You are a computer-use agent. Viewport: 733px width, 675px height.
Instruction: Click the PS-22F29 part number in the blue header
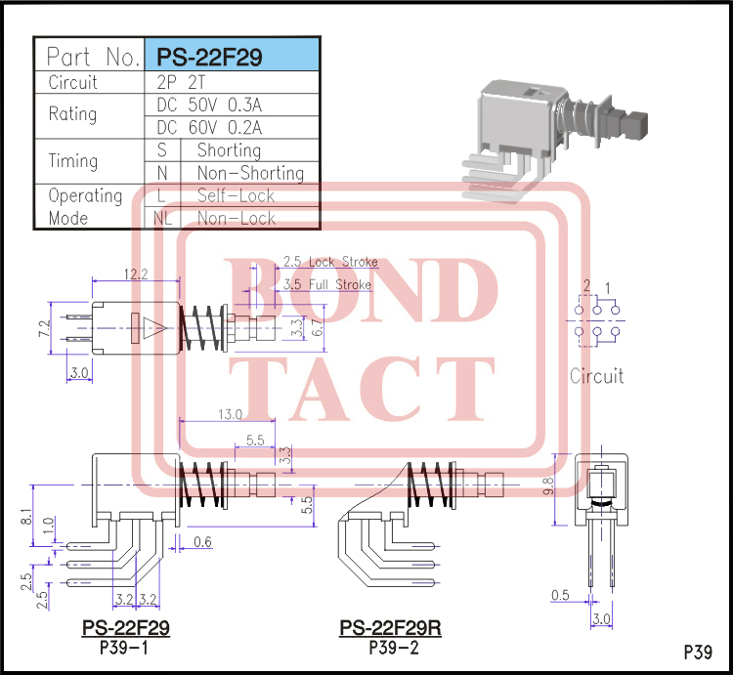point(216,57)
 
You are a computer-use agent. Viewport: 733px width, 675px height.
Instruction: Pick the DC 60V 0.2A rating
point(209,128)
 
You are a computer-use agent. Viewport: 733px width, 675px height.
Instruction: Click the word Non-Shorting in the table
point(250,173)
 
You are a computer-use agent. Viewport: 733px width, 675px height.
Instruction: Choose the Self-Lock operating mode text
point(236,195)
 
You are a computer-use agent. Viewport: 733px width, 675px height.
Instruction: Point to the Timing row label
point(73,161)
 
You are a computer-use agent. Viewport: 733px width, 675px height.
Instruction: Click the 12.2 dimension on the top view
point(136,275)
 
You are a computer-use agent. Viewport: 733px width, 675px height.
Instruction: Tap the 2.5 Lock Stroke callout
point(329,262)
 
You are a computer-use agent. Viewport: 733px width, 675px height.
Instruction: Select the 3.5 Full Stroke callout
point(326,284)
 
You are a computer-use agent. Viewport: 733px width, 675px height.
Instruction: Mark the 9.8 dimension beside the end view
point(550,485)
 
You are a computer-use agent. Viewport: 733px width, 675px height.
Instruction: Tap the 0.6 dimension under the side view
point(202,542)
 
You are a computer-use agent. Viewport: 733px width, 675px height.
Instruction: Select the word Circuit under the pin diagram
point(596,376)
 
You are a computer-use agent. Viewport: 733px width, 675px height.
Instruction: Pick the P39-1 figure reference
point(124,647)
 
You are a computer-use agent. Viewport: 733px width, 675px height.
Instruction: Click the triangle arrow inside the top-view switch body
point(149,329)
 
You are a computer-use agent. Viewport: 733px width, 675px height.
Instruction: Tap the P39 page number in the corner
point(697,652)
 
